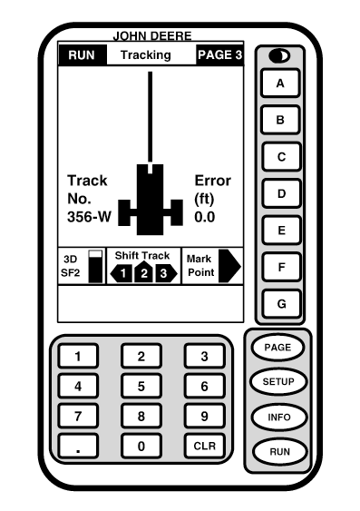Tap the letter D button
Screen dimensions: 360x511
pyautogui.click(x=281, y=193)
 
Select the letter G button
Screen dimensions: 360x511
pyautogui.click(x=281, y=304)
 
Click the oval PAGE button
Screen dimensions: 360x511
pyautogui.click(x=277, y=347)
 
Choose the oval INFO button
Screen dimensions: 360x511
pyautogui.click(x=277, y=417)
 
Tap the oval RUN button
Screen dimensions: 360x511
pyautogui.click(x=277, y=451)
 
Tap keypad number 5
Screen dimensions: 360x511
pyautogui.click(x=141, y=386)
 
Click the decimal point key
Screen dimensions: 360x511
pyautogui.click(x=78, y=446)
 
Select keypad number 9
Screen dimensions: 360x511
pyautogui.click(x=205, y=416)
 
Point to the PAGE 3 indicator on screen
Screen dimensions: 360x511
pyautogui.click(x=219, y=55)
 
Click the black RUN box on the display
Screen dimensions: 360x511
pyautogui.click(x=82, y=55)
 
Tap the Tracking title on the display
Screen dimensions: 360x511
pyautogui.click(x=146, y=55)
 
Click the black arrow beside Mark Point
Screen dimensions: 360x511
pyautogui.click(x=230, y=266)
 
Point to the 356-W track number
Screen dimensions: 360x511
pyautogui.click(x=87, y=217)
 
